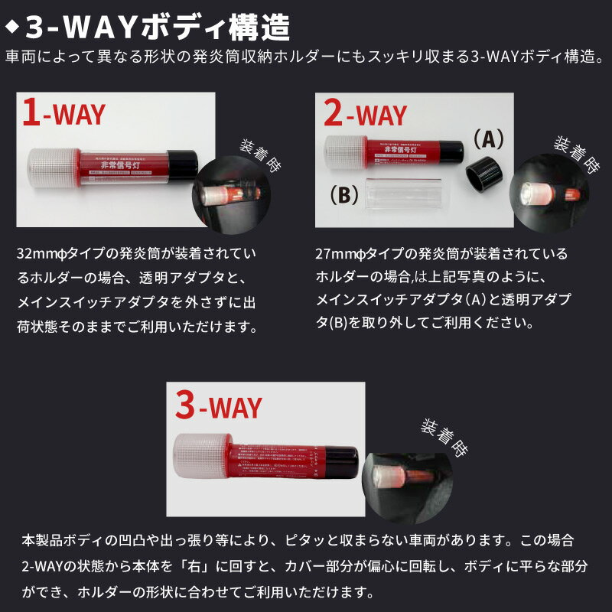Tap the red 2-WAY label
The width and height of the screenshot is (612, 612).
[x=365, y=115]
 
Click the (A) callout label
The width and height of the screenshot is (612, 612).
[x=487, y=138]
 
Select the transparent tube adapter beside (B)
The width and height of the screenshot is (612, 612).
[x=405, y=197]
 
